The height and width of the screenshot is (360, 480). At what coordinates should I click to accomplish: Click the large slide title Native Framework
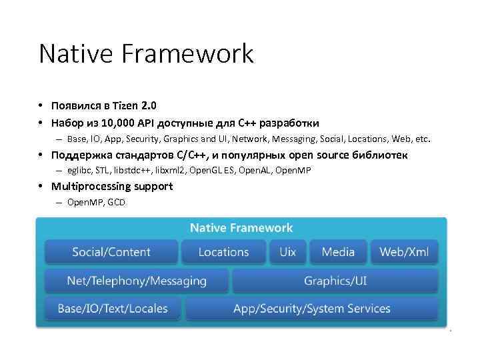pyautogui.click(x=146, y=54)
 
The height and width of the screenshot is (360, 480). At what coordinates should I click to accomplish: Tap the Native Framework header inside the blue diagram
pyautogui.click(x=241, y=228)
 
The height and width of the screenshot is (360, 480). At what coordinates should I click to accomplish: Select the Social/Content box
pyautogui.click(x=111, y=252)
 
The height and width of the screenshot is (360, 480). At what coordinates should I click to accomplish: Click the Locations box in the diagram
pyautogui.click(x=223, y=252)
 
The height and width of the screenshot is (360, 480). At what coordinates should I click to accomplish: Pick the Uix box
pyautogui.click(x=288, y=252)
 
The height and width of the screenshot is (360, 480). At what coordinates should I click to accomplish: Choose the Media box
pyautogui.click(x=338, y=252)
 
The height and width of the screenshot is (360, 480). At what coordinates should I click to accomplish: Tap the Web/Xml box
pyautogui.click(x=404, y=252)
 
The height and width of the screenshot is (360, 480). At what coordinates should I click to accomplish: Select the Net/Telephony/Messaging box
pyautogui.click(x=137, y=281)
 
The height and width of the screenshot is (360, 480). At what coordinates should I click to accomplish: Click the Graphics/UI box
pyautogui.click(x=335, y=281)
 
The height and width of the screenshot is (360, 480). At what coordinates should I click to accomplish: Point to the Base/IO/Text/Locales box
pyautogui.click(x=113, y=309)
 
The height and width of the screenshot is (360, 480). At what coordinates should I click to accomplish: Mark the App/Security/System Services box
pyautogui.click(x=311, y=309)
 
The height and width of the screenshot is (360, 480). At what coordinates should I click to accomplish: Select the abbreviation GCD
pyautogui.click(x=116, y=202)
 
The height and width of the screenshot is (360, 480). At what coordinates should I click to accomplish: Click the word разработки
pyautogui.click(x=289, y=123)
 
